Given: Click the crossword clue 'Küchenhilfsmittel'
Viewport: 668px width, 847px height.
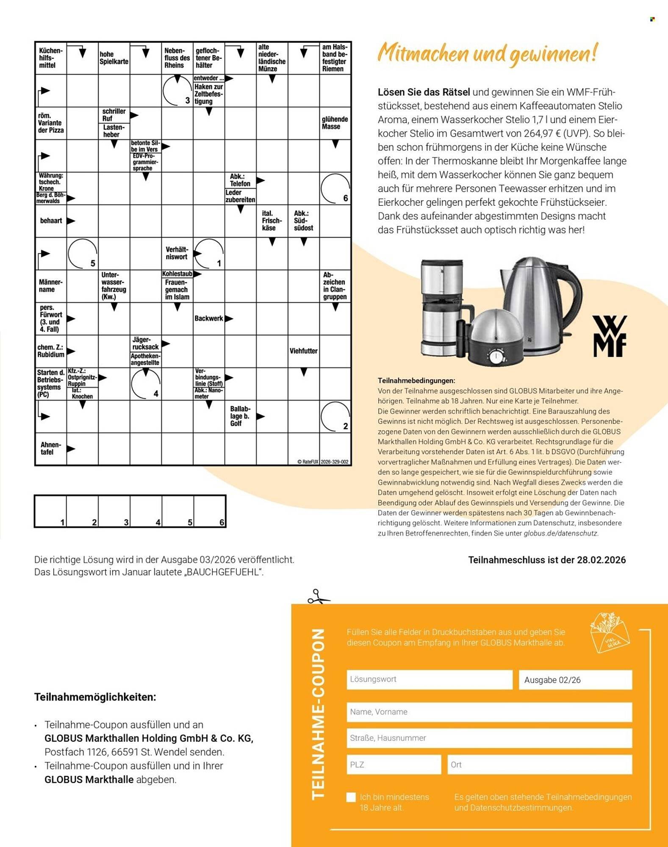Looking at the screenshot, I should (50, 58).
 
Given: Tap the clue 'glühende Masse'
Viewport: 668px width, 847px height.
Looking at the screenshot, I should (335, 123).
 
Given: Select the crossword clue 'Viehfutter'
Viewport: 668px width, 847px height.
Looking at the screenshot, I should (303, 351).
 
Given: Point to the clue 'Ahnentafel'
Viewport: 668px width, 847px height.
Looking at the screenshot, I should (50, 448).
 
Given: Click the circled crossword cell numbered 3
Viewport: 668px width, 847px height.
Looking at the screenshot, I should (177, 91).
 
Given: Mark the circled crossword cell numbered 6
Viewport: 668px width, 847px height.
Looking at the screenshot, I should (335, 188).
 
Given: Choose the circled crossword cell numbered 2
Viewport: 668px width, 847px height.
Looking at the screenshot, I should (335, 416).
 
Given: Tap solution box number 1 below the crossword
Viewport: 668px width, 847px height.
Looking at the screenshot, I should (50, 511).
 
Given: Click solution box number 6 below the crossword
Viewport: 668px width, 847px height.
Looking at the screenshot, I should (210, 511).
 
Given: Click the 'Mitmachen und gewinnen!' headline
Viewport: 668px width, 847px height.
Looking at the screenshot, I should (487, 54).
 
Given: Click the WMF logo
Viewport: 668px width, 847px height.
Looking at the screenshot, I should (609, 336).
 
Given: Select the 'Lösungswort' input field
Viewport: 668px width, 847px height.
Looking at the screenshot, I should (429, 680).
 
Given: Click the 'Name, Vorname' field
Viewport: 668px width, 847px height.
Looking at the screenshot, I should (489, 712).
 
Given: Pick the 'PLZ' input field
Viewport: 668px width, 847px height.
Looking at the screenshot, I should (394, 765).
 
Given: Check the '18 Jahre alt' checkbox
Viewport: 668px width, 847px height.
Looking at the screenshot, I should (351, 797).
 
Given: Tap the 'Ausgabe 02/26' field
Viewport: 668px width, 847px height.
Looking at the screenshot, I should (575, 680).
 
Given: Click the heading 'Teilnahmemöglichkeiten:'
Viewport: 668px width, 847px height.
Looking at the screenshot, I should (95, 697).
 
